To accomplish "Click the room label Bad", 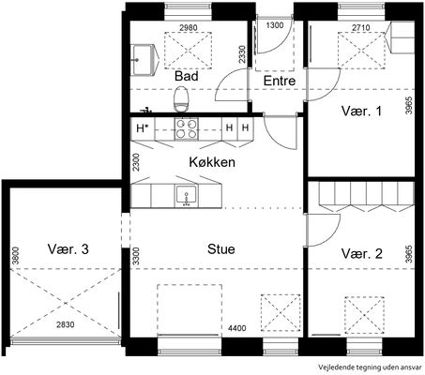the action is pyautogui.click(x=187, y=76).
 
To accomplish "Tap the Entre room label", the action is pyautogui.click(x=280, y=81).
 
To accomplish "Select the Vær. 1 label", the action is pyautogui.click(x=361, y=111).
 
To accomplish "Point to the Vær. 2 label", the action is pyautogui.click(x=361, y=253).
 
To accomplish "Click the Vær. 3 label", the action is pyautogui.click(x=68, y=249).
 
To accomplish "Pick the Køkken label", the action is pyautogui.click(x=212, y=162).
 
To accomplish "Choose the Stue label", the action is pyautogui.click(x=221, y=249).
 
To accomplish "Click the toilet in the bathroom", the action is pyautogui.click(x=182, y=99).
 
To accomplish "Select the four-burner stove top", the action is pyautogui.click(x=187, y=128).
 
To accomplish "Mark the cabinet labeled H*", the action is pyautogui.click(x=143, y=128).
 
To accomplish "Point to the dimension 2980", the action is pyautogui.click(x=189, y=27).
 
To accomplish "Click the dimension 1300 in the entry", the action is pyautogui.click(x=275, y=25).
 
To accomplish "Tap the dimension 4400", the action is pyautogui.click(x=237, y=328).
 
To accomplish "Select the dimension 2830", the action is pyautogui.click(x=66, y=324).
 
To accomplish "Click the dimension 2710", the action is pyautogui.click(x=361, y=27).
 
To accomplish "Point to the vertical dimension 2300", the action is pyautogui.click(x=136, y=162).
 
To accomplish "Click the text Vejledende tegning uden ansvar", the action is pyautogui.click(x=370, y=367).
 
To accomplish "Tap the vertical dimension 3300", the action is pyautogui.click(x=136, y=256).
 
